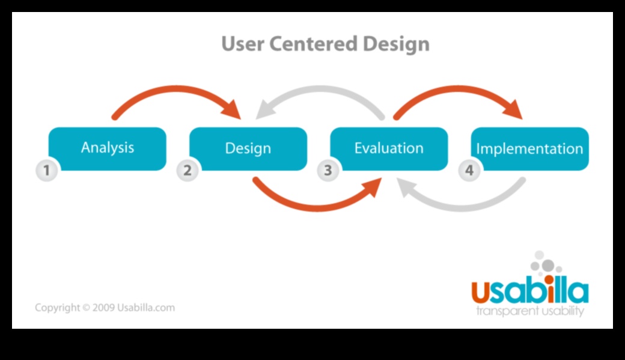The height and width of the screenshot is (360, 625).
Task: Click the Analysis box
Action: [107, 148]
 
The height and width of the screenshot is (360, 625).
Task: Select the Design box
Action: [248, 148]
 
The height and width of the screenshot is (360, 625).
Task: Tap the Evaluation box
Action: [389, 148]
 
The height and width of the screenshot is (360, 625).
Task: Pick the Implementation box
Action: [529, 148]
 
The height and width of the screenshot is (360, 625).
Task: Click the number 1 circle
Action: [46, 171]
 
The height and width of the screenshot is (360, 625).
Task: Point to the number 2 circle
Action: [187, 171]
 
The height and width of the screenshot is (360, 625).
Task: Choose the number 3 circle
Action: [328, 171]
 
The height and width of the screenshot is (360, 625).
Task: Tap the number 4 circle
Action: [469, 171]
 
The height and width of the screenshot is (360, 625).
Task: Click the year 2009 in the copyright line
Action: [105, 308]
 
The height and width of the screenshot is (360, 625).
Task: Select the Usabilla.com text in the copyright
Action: [147, 308]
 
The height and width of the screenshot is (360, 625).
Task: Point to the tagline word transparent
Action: [504, 311]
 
